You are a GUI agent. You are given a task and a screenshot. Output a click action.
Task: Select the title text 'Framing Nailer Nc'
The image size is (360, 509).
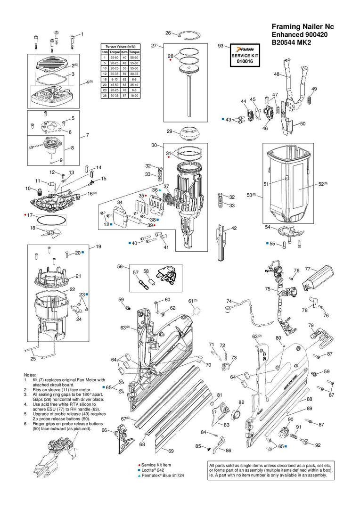(x=303, y=27)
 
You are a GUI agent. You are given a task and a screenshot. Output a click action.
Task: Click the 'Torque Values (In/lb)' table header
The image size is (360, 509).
(x=121, y=47)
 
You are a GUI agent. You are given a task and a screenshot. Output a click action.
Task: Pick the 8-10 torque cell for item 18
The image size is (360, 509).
(x=114, y=80)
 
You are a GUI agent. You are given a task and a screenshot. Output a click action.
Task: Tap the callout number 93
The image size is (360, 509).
(x=221, y=46)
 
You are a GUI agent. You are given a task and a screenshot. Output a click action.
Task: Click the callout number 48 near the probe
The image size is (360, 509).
(x=277, y=74)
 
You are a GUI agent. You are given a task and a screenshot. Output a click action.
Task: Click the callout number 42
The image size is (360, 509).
(x=234, y=228)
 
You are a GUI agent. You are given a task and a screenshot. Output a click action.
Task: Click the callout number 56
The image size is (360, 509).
(x=120, y=266)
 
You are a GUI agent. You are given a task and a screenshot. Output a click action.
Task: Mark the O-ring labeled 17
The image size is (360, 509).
(x=49, y=220)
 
